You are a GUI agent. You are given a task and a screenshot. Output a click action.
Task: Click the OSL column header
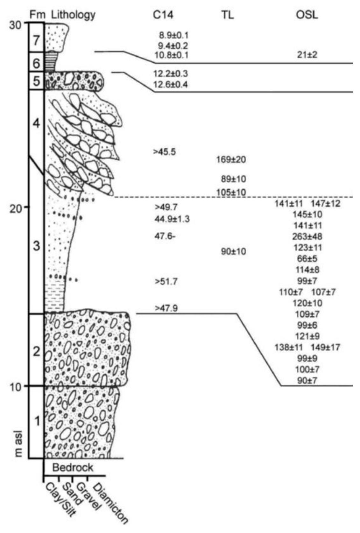click(307, 15)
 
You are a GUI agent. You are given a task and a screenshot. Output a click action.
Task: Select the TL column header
click(228, 15)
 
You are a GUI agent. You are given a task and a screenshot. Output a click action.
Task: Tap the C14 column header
click(163, 15)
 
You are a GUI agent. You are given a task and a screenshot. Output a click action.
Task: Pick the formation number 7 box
click(36, 37)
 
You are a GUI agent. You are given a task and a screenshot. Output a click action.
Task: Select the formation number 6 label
click(36, 63)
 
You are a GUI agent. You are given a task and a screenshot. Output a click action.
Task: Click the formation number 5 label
click(36, 81)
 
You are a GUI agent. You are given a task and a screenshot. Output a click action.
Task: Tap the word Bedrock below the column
click(73, 467)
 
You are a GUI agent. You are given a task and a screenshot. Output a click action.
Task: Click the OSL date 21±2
click(307, 55)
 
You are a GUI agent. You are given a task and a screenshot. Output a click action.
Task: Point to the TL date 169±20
click(231, 159)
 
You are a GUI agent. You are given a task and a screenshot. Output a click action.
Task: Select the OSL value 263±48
click(307, 236)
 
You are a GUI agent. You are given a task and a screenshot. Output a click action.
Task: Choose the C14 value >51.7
click(166, 282)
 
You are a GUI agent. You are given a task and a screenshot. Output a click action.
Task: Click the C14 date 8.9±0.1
click(173, 36)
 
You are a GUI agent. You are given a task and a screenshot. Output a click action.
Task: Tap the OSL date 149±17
click(325, 347)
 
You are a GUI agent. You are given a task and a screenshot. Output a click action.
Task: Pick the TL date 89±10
click(233, 179)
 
